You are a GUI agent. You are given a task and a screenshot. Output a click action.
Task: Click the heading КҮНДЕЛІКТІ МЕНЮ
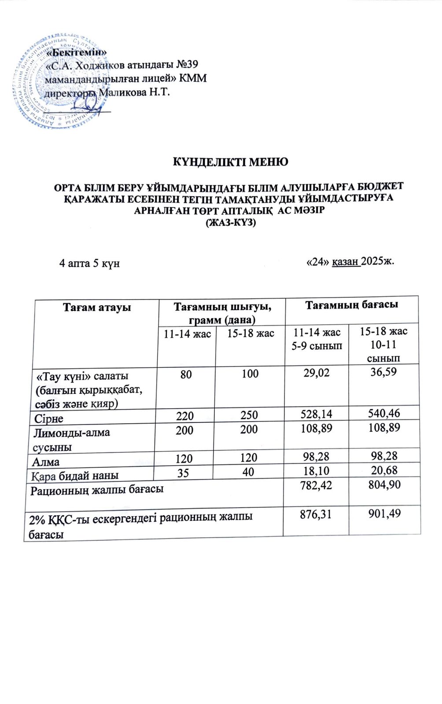(229, 162)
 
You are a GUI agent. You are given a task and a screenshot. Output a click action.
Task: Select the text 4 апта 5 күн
(89, 264)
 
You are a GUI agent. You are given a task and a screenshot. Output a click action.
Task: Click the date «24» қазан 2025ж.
(350, 261)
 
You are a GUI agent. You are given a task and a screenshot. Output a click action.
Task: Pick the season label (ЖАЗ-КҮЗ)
(231, 223)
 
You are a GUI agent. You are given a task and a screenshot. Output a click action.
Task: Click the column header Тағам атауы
(97, 307)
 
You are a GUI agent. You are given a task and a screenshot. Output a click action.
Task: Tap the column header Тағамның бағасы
(352, 304)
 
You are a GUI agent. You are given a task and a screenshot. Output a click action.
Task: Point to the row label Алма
(46, 462)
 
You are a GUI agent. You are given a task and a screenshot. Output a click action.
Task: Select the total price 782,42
(316, 486)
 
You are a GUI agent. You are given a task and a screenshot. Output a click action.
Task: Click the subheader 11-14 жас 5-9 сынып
(317, 338)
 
